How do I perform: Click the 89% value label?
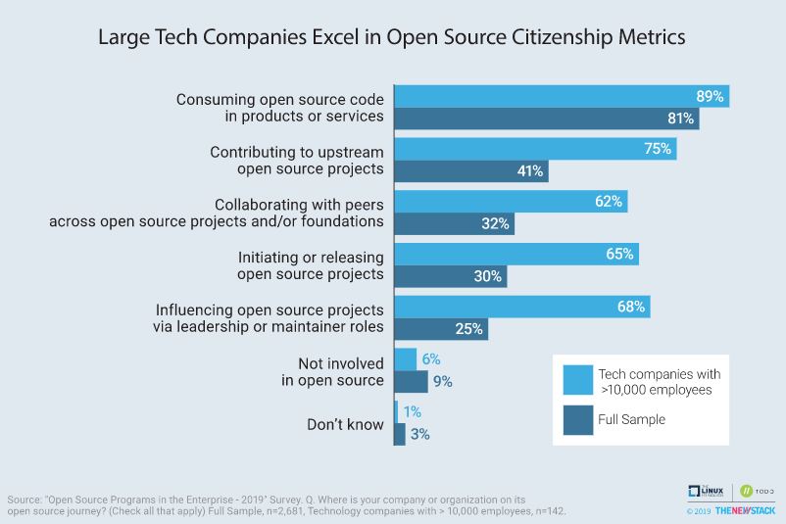pos(709,97)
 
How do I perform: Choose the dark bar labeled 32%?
pos(454,223)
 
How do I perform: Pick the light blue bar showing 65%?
pos(516,255)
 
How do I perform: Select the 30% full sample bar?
pos(450,276)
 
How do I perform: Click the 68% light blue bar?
pos(521,308)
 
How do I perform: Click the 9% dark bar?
pos(411,382)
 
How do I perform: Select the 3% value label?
pos(420,434)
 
